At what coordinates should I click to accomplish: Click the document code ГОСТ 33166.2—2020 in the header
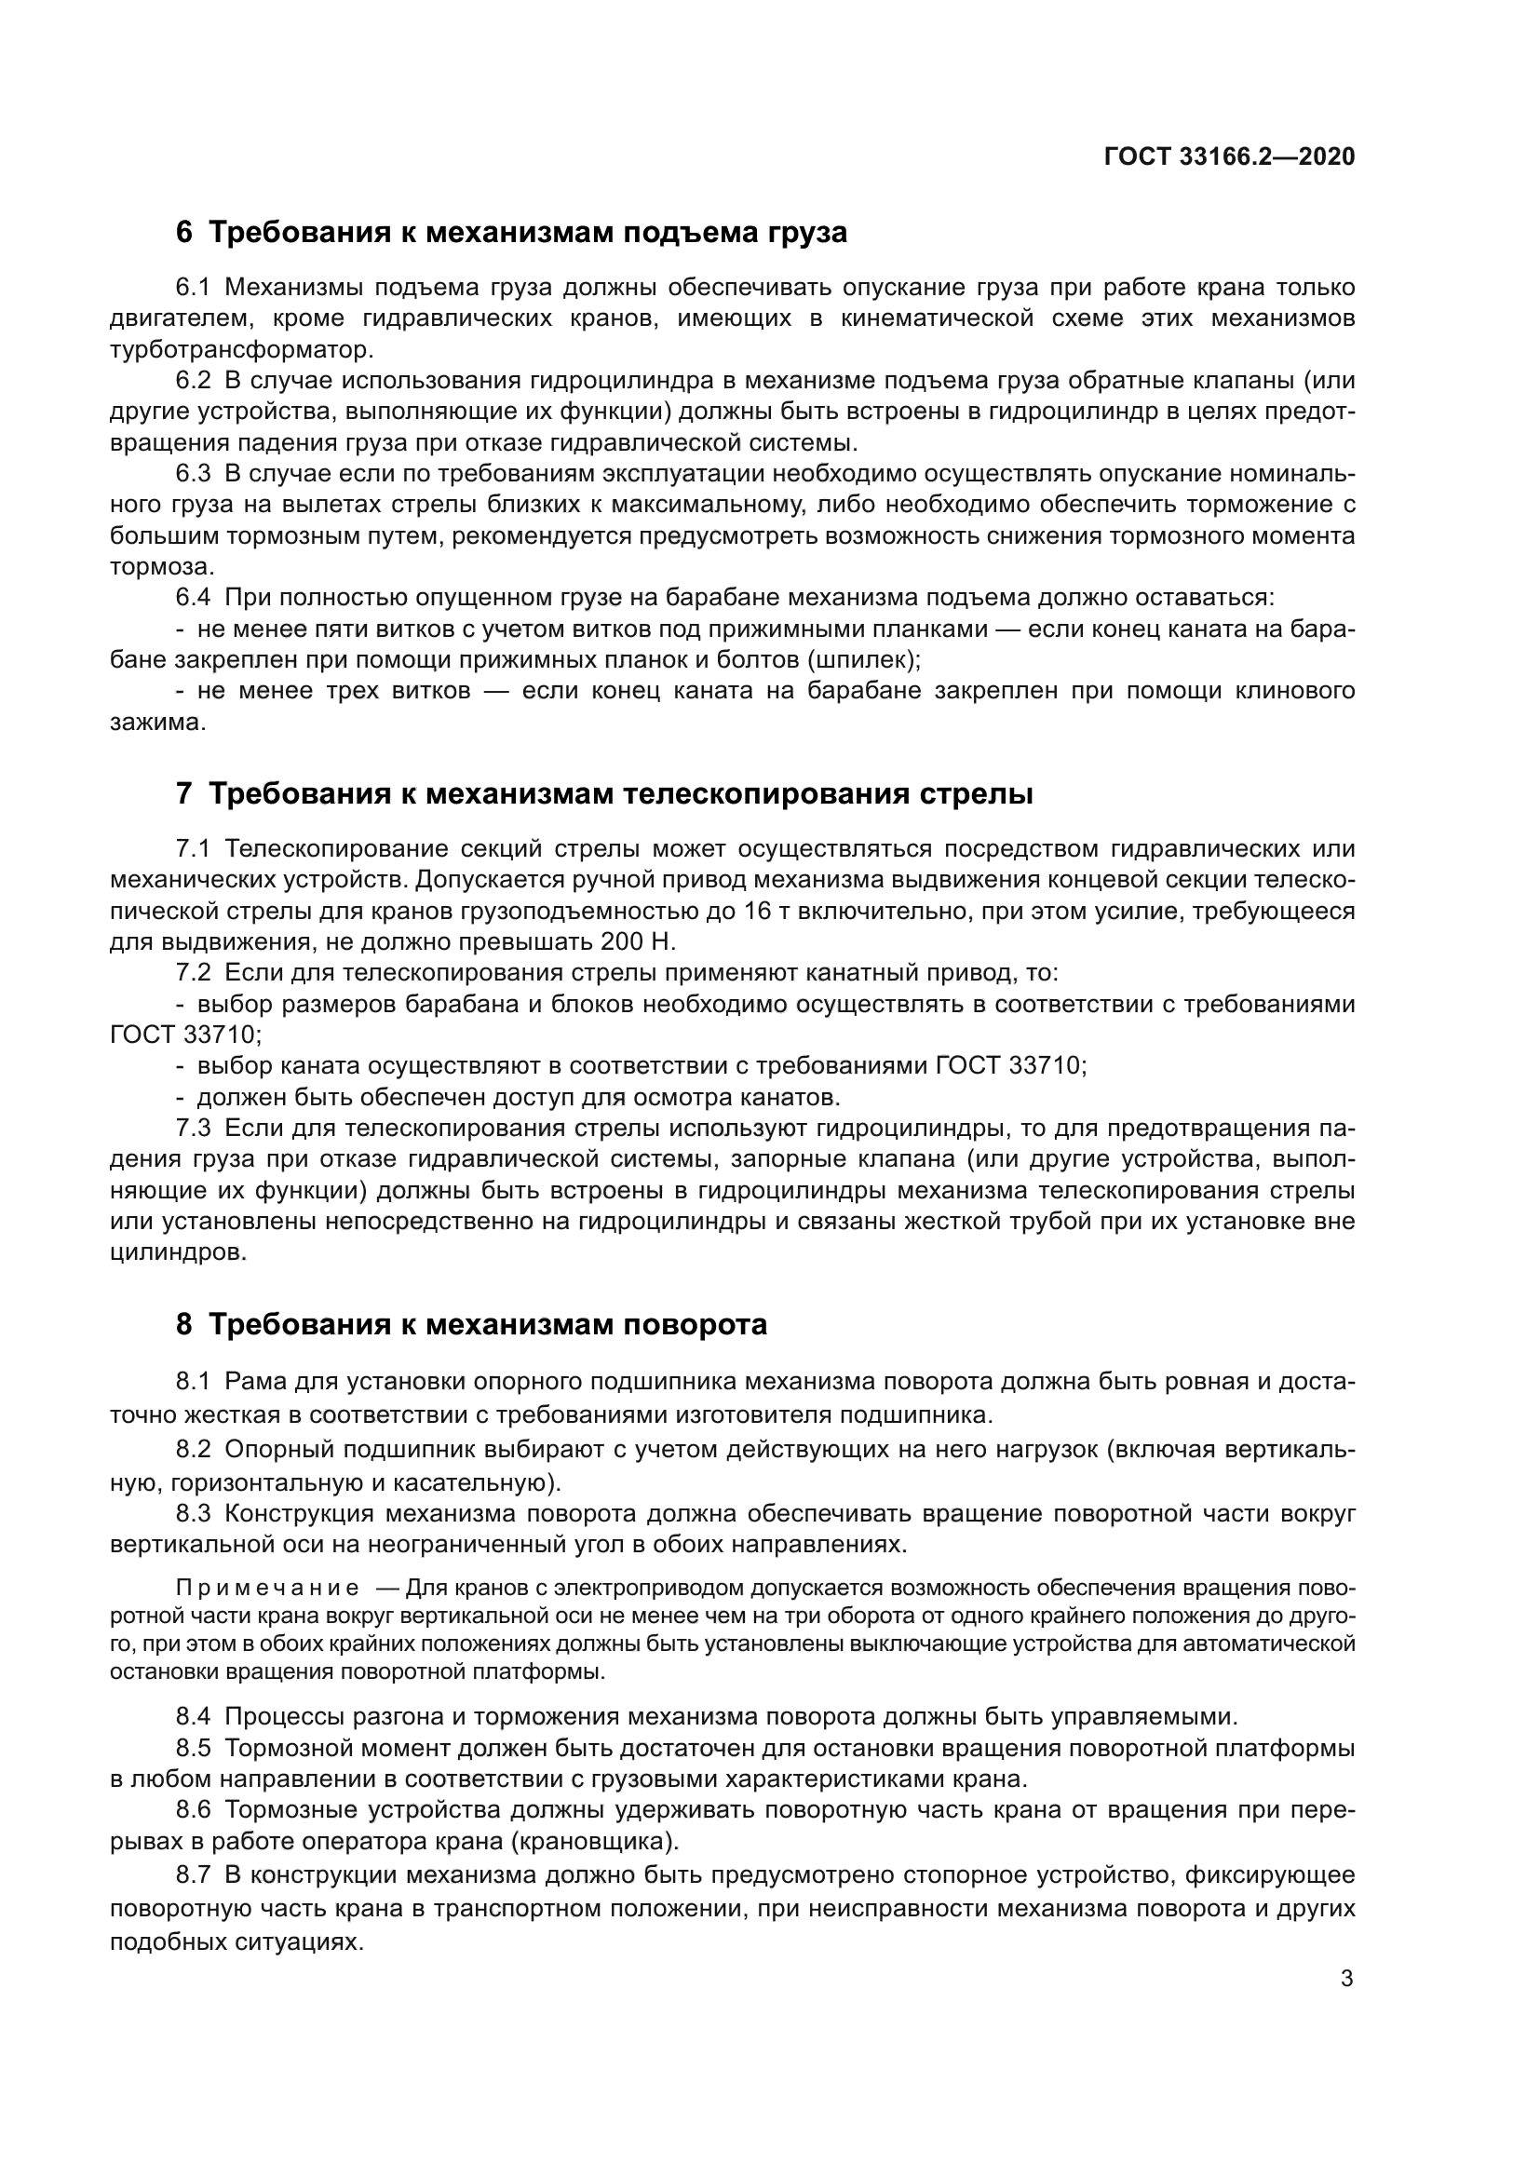point(1229,156)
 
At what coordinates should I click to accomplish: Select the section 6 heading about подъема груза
point(511,233)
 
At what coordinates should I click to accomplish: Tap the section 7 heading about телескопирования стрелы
point(604,793)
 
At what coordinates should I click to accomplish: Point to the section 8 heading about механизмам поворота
point(471,1325)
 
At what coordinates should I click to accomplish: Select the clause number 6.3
point(194,473)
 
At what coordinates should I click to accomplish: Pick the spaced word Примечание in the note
point(267,1588)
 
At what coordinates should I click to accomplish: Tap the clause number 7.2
point(194,973)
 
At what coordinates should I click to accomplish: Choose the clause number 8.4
point(194,1717)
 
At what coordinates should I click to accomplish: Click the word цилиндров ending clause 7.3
point(174,1252)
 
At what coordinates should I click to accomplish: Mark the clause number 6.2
point(194,382)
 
